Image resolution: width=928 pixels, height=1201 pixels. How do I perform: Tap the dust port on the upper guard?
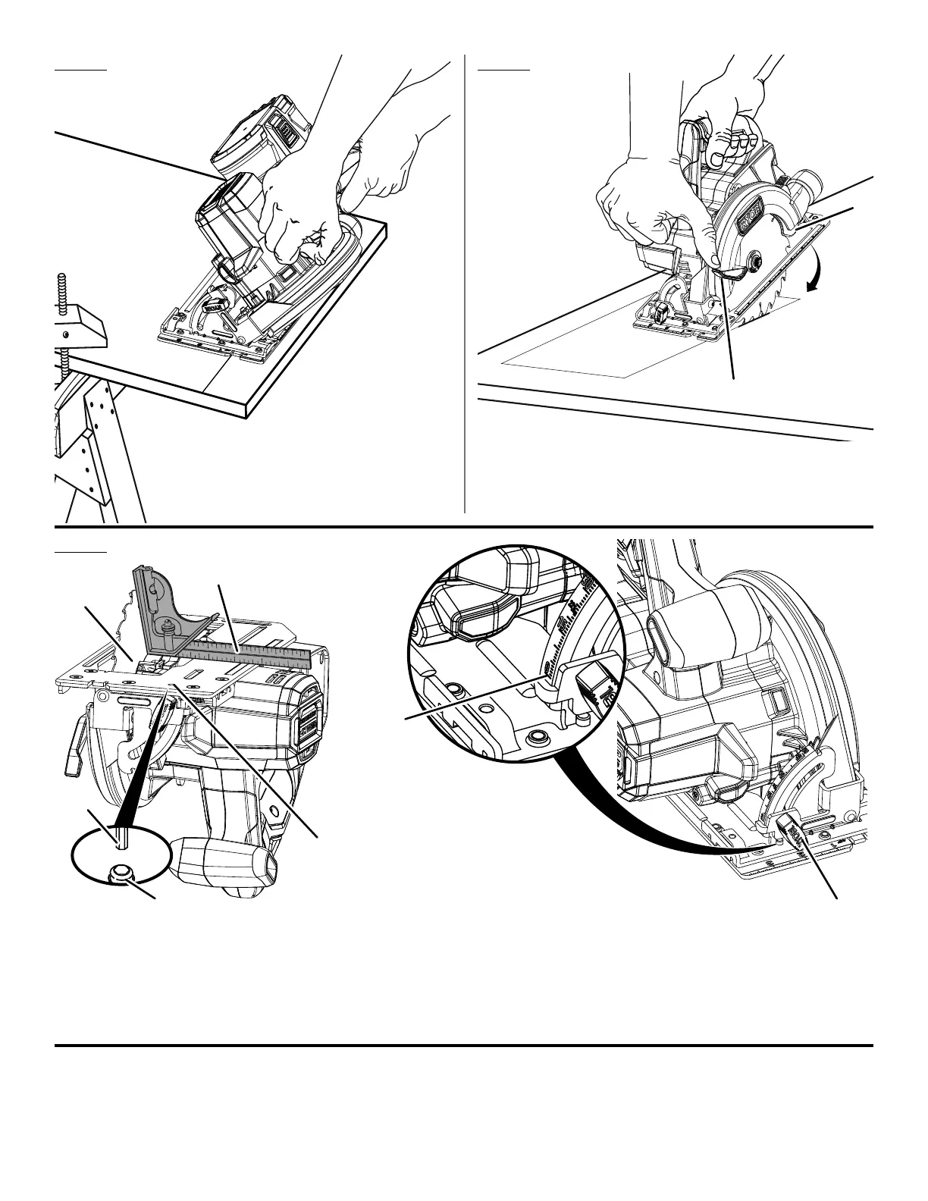pos(809,183)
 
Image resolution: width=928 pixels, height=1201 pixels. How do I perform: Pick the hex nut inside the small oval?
pos(118,872)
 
